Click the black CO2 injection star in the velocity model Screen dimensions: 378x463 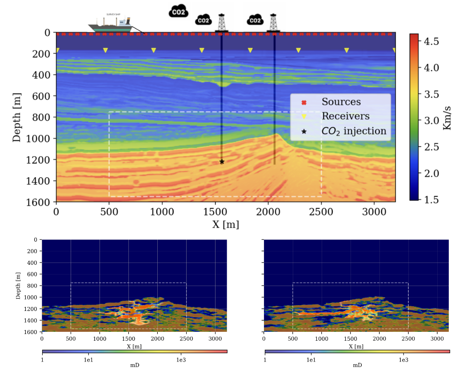coord(222,162)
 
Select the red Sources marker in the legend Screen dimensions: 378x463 coord(304,103)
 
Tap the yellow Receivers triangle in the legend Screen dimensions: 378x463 coord(304,117)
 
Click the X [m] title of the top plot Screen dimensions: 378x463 coord(226,224)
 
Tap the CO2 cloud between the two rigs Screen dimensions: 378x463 coord(255,20)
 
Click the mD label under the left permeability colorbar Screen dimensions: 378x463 coord(135,366)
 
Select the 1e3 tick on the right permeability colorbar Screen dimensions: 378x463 coord(403,359)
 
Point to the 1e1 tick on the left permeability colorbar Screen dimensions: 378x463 coord(88,359)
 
